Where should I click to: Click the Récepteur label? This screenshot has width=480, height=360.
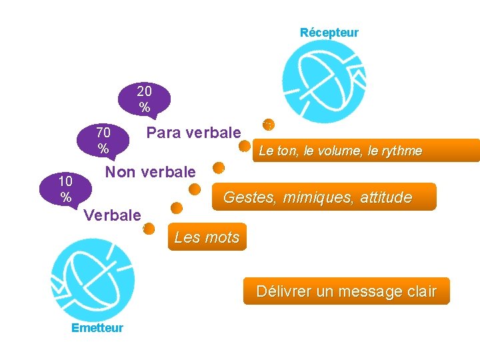[329, 33]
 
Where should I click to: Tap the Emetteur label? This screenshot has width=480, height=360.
[97, 328]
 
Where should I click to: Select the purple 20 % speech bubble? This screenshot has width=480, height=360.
[144, 98]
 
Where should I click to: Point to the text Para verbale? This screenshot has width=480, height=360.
[193, 133]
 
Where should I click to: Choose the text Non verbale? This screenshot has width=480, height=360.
[151, 172]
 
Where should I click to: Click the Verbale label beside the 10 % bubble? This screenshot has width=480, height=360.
[113, 215]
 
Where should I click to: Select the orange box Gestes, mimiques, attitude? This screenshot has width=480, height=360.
[324, 197]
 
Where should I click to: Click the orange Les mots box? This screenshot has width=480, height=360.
[207, 237]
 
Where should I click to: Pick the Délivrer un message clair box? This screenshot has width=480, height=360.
[346, 291]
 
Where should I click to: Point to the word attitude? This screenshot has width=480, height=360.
[386, 197]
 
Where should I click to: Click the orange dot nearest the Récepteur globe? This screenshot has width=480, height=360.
[268, 124]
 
